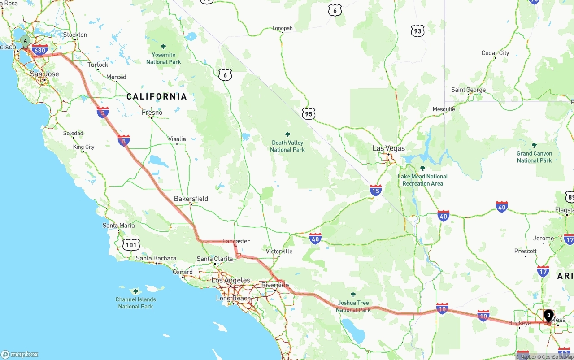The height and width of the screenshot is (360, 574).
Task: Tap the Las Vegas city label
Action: (388, 148)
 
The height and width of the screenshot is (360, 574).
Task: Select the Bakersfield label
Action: (191, 199)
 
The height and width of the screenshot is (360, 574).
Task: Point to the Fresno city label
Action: (152, 113)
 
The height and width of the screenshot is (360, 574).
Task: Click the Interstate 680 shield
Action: (40, 49)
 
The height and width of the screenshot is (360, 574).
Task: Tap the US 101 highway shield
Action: (131, 245)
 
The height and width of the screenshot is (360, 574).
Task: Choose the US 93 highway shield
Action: (417, 31)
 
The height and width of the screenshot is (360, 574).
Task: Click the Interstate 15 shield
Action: (376, 191)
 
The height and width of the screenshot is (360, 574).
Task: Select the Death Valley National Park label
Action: (287, 146)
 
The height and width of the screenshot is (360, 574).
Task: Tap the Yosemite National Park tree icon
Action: (163, 47)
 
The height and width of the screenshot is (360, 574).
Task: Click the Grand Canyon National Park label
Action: (534, 157)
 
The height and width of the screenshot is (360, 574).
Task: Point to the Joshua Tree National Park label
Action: (353, 306)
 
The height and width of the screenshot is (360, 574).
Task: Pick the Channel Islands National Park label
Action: (135, 303)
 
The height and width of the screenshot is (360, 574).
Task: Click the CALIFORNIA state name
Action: (157, 96)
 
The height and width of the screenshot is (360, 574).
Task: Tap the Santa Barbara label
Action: (156, 258)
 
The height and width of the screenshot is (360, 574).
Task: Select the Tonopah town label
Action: (282, 28)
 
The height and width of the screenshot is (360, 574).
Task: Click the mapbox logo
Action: (20, 354)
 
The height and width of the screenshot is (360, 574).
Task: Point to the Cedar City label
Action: (495, 53)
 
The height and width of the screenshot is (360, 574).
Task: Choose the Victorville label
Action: (279, 252)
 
